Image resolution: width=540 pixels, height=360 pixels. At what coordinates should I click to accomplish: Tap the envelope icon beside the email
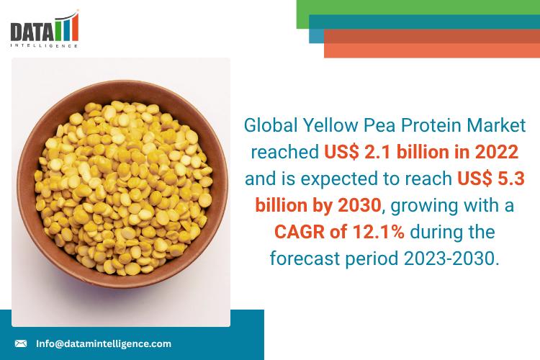click(21, 343)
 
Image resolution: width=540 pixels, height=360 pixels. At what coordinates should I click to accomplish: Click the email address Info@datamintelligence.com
click(104, 343)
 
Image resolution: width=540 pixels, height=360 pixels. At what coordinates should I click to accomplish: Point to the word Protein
click(414, 126)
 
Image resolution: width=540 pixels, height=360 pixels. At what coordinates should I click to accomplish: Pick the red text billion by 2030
click(328, 204)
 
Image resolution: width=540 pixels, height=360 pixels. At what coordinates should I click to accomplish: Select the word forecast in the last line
click(303, 257)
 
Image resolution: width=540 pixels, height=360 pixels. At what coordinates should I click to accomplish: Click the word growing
click(426, 204)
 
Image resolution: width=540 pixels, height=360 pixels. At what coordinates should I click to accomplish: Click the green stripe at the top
click(418, 9)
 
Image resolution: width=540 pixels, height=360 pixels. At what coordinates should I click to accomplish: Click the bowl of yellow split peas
click(120, 191)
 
